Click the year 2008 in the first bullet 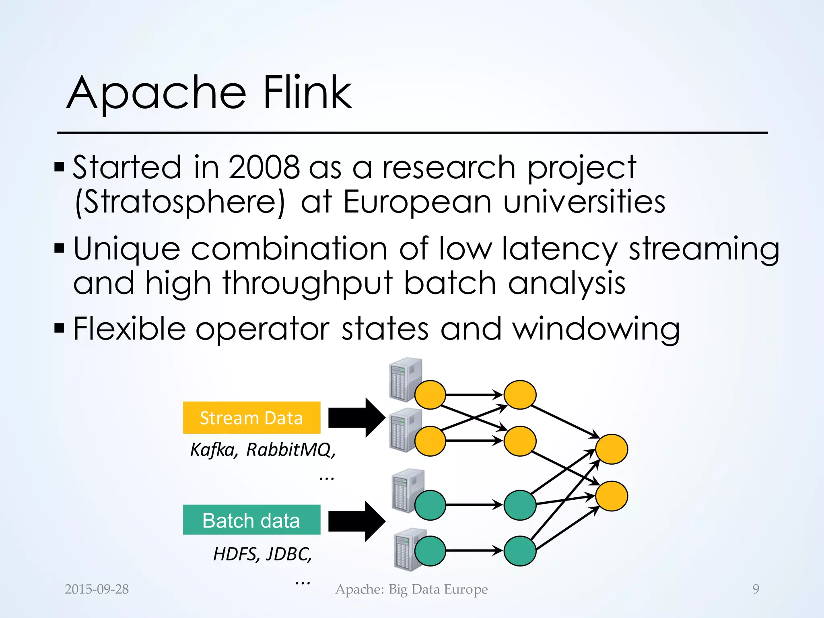pyautogui.click(x=264, y=167)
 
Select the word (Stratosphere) pyautogui.click(x=180, y=202)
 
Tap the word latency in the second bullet pyautogui.click(x=559, y=249)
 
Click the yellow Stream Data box pyautogui.click(x=251, y=418)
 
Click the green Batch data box pyautogui.click(x=251, y=520)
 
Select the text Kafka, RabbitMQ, pyautogui.click(x=263, y=450)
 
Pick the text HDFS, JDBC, pyautogui.click(x=262, y=554)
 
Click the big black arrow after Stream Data pyautogui.click(x=356, y=418)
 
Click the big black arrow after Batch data pyautogui.click(x=356, y=521)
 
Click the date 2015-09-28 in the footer pyautogui.click(x=97, y=589)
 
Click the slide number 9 pyautogui.click(x=756, y=589)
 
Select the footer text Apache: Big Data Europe pyautogui.click(x=411, y=589)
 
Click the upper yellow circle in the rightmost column pyautogui.click(x=611, y=449)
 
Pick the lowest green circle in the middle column pyautogui.click(x=520, y=551)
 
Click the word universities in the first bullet pyautogui.click(x=584, y=202)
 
